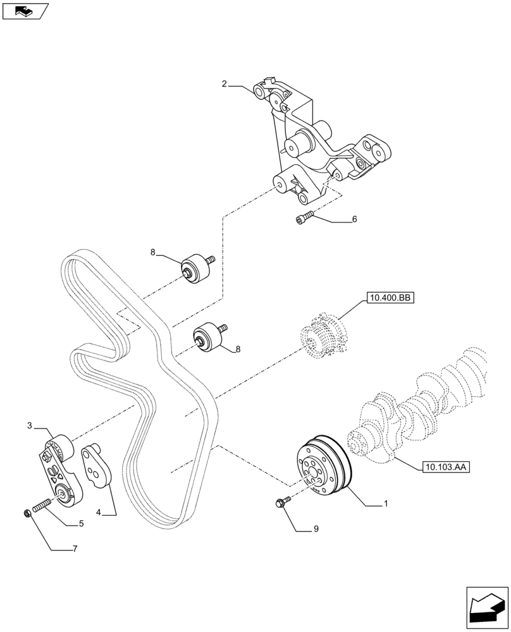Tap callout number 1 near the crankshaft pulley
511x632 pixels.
(x=385, y=504)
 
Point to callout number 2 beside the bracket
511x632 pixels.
(x=224, y=84)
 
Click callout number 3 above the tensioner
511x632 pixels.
(x=29, y=427)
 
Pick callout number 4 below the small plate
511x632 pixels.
(x=97, y=514)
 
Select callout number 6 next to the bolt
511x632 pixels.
(x=354, y=219)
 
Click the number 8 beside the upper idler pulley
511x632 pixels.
(x=153, y=252)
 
